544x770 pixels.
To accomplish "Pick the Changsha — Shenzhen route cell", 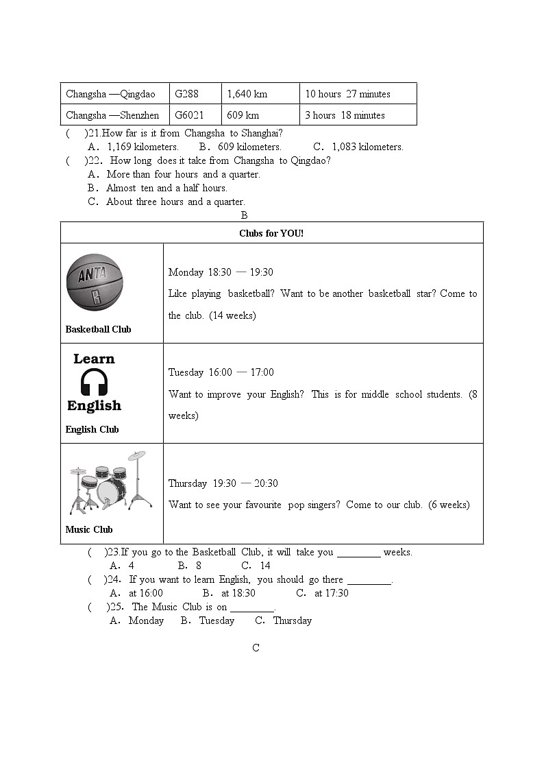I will coord(112,115).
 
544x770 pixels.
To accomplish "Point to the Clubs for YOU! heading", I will coord(271,233).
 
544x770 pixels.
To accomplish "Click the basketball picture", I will coord(95,282).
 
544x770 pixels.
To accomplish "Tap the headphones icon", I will coord(95,382).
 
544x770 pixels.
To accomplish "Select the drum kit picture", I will coord(110,483).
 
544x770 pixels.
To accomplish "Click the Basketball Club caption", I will coord(98,329).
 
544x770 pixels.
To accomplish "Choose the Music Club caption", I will coord(89,529).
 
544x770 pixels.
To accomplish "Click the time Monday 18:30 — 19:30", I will coord(221,272).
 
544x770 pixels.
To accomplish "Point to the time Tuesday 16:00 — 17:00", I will coord(221,372).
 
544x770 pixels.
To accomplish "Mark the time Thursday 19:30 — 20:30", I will coord(223,483).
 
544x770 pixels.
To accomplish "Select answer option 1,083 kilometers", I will coord(367,147).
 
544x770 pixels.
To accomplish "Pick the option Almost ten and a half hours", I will coord(166,188).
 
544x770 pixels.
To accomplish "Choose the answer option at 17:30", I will coord(331,593).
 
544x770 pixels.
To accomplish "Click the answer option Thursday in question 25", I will coord(292,621).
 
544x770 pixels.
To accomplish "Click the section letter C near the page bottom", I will coord(256,648).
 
